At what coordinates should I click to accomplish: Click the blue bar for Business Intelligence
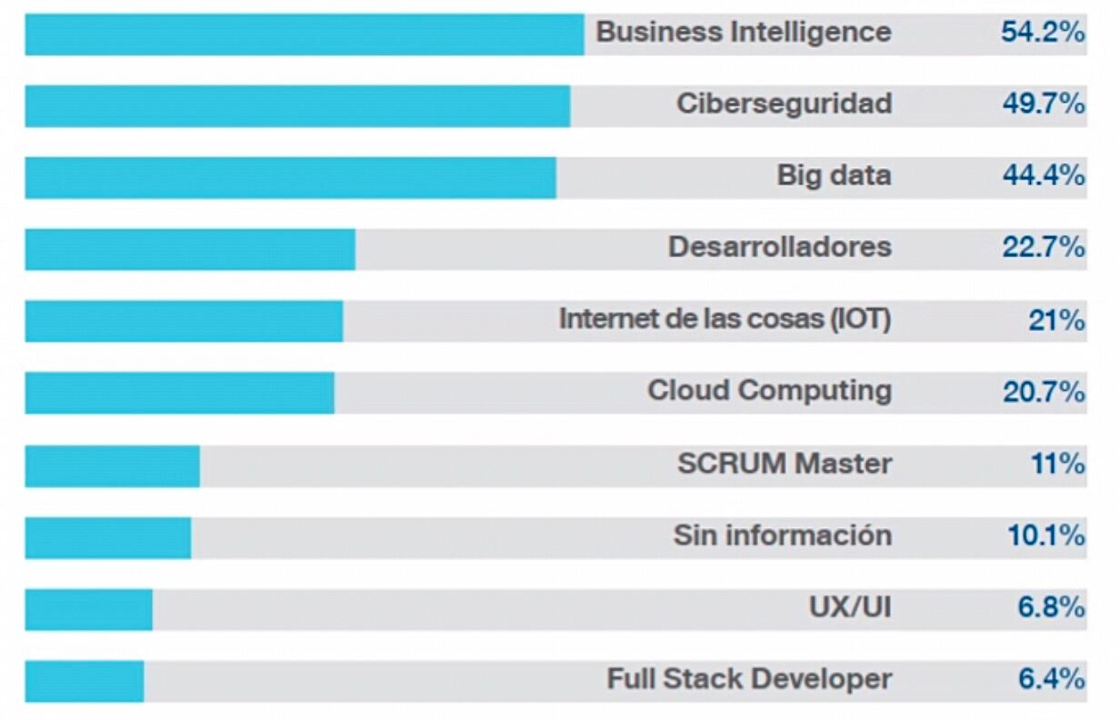point(304,35)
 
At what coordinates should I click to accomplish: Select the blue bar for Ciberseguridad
point(297,106)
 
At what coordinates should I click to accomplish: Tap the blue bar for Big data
point(290,177)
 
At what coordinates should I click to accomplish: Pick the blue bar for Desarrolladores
point(190,249)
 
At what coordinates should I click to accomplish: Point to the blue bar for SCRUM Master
point(112,465)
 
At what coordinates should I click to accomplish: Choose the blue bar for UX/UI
point(88,609)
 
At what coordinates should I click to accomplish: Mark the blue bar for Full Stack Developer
point(84,681)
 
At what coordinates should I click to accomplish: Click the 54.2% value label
point(1043,33)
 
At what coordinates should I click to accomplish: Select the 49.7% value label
point(1044,105)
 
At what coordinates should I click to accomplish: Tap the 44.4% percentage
point(1044,175)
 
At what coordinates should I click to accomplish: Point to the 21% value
point(1056,320)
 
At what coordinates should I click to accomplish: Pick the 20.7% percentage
point(1044,392)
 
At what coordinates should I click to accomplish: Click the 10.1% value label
point(1045,535)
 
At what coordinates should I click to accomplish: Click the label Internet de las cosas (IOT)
point(725,319)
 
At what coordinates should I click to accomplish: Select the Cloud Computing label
point(769,391)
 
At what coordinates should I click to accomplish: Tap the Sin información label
point(782,535)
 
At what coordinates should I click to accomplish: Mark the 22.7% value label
point(1044,247)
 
